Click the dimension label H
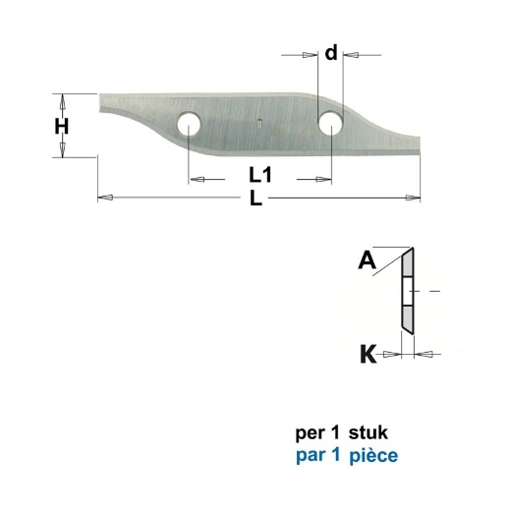pyautogui.click(x=61, y=126)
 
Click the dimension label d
pyautogui.click(x=331, y=53)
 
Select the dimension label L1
pyautogui.click(x=260, y=177)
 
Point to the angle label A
pyautogui.click(x=368, y=261)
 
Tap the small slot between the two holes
pyautogui.click(x=256, y=124)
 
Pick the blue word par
pyautogui.click(x=309, y=457)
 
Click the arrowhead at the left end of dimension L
pyautogui.click(x=105, y=199)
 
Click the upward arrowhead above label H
pyautogui.click(x=61, y=99)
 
